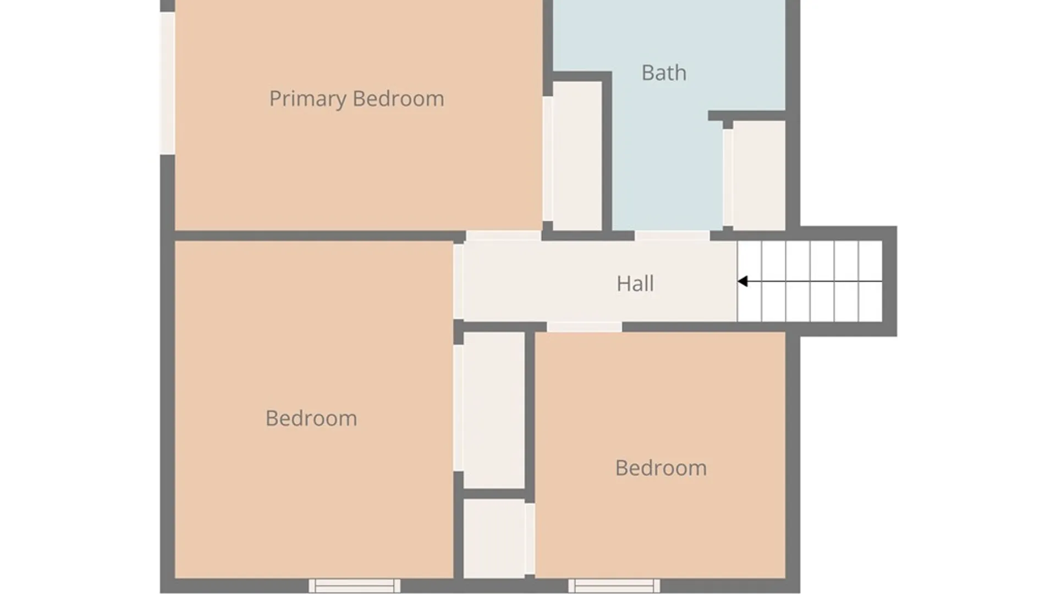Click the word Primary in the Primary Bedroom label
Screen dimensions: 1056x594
click(x=307, y=99)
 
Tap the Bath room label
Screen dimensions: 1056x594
click(x=664, y=73)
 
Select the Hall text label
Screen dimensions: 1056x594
click(x=635, y=283)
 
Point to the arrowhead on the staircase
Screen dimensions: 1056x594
click(x=743, y=282)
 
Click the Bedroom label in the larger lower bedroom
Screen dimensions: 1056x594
click(x=311, y=418)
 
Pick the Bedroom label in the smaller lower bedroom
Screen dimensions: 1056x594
click(x=661, y=468)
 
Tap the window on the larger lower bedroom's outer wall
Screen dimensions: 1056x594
click(x=354, y=585)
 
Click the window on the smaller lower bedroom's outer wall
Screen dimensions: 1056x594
click(x=614, y=585)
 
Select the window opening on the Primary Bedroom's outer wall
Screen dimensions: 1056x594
click(x=167, y=83)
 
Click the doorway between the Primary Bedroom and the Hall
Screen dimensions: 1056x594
click(x=503, y=236)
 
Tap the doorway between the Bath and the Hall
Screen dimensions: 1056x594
click(x=672, y=236)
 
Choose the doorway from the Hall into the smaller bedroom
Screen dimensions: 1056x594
click(x=584, y=327)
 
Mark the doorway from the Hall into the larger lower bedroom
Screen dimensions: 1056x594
click(x=458, y=282)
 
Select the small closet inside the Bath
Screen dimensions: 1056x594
click(x=759, y=175)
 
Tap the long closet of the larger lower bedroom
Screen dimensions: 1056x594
click(x=493, y=410)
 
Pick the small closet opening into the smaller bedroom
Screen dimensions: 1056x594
click(x=493, y=538)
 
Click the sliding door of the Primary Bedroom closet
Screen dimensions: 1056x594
click(x=548, y=158)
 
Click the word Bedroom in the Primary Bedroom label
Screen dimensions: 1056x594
click(x=398, y=99)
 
